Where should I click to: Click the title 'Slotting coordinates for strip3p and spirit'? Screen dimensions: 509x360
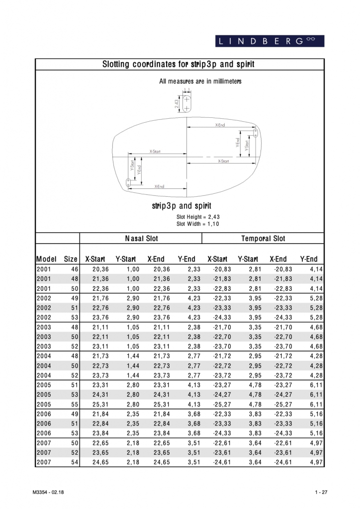tap(179, 65)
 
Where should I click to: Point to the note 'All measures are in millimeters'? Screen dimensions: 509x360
tap(200, 81)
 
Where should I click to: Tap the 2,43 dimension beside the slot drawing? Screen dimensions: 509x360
tap(177, 103)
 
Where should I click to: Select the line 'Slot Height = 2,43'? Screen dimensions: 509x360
tap(198, 217)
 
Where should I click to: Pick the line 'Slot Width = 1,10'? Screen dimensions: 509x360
tap(198, 224)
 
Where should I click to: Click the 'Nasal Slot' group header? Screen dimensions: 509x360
tap(141, 239)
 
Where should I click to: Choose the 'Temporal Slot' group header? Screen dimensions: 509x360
tap(263, 239)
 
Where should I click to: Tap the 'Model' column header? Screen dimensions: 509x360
tap(46, 259)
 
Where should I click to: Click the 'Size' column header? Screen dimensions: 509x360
tap(71, 259)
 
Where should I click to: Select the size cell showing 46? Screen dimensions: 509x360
tap(74, 269)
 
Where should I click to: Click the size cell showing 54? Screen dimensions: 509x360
tap(74, 463)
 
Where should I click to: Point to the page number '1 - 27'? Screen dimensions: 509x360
tap(320, 492)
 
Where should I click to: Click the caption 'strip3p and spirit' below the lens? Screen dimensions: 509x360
tap(181, 206)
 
